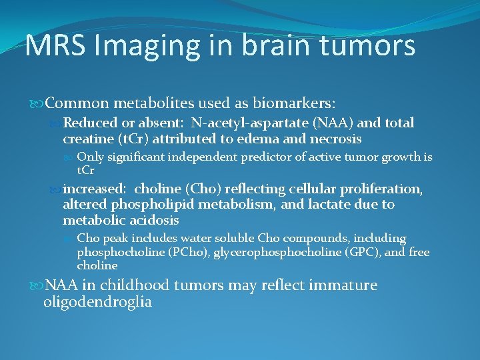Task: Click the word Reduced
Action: [x=91, y=123]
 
